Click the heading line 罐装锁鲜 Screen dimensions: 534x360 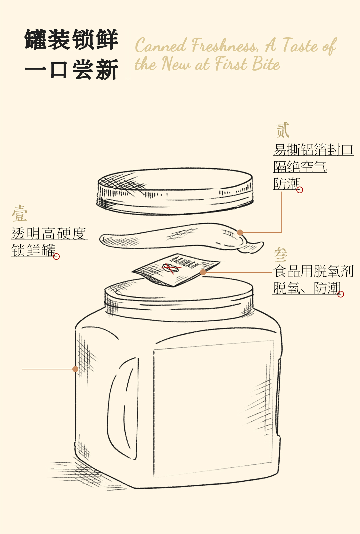coord(71,40)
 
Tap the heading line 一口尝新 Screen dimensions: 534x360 coord(71,70)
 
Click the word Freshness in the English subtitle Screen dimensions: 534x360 coord(225,46)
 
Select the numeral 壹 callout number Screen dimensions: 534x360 coord(20,214)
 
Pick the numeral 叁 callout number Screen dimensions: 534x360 coord(281,255)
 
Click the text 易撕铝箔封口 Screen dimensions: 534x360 coord(313,150)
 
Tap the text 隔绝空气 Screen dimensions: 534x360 coord(300,167)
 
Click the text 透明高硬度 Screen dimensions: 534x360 coord(49,234)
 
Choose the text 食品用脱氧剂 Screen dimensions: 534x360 coord(313,271)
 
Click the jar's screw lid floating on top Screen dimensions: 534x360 coord(175,191)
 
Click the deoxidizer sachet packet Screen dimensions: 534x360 coord(176,269)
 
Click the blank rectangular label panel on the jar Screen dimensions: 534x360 coord(213,408)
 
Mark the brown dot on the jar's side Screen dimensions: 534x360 coord(75,369)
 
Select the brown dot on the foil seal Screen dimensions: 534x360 coord(240,233)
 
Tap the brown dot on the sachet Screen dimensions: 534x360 coord(203,272)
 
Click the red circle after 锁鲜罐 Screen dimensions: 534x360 coord(56,257)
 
